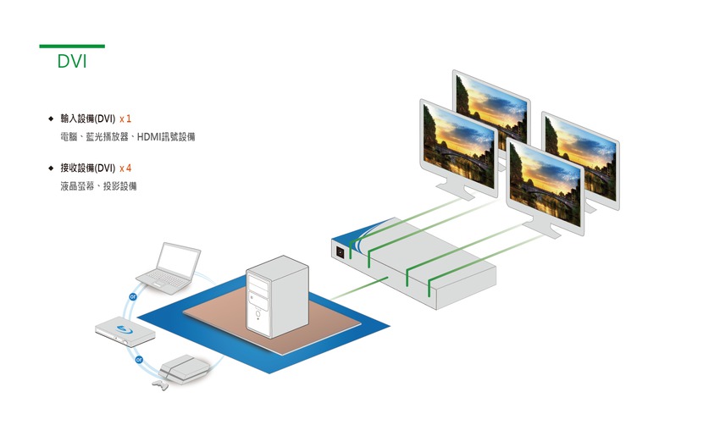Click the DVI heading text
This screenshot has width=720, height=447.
point(72,62)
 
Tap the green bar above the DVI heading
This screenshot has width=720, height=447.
point(72,46)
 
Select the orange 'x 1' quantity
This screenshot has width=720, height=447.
point(125,119)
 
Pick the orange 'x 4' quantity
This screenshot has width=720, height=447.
point(125,168)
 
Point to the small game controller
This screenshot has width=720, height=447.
point(158,385)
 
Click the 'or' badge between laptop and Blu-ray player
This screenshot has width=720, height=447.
point(132,296)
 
